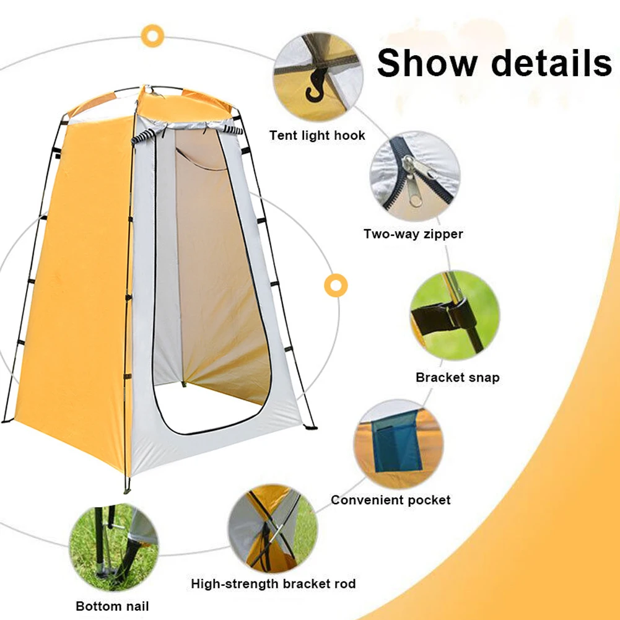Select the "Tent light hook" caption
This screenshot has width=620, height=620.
pyautogui.click(x=317, y=135)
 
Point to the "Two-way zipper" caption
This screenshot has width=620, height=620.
pyautogui.click(x=413, y=234)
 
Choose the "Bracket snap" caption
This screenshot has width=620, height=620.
pyautogui.click(x=457, y=377)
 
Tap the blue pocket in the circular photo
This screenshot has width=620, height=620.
pyautogui.click(x=396, y=443)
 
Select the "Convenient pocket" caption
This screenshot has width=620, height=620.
pyautogui.click(x=390, y=500)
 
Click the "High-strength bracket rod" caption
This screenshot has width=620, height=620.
pyautogui.click(x=273, y=583)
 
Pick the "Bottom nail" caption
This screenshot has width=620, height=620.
pyautogui.click(x=112, y=606)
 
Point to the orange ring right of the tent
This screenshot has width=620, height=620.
pyautogui.click(x=335, y=285)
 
